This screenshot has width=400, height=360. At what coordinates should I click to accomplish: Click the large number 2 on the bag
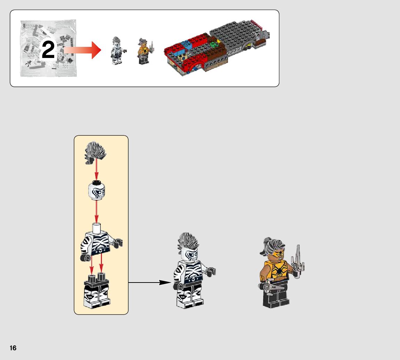pos(48,50)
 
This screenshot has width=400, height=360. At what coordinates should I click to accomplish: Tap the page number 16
pos(13,348)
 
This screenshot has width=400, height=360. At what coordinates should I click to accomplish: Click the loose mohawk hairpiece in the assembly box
pos(96,152)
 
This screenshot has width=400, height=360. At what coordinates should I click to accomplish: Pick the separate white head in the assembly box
pos(96,190)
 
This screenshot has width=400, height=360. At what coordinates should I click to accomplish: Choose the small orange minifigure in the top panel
pos(143,51)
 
